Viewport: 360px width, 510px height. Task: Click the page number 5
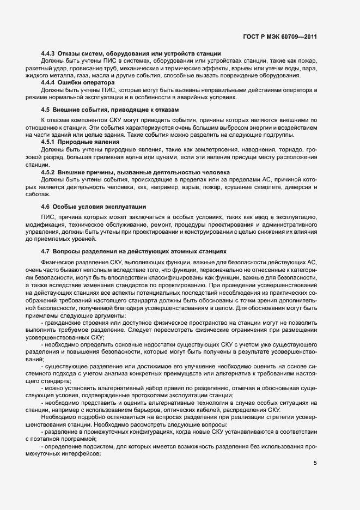(x=315, y=463)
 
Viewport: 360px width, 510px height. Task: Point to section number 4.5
(x=45, y=110)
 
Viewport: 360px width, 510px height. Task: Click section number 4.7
(x=45, y=252)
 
